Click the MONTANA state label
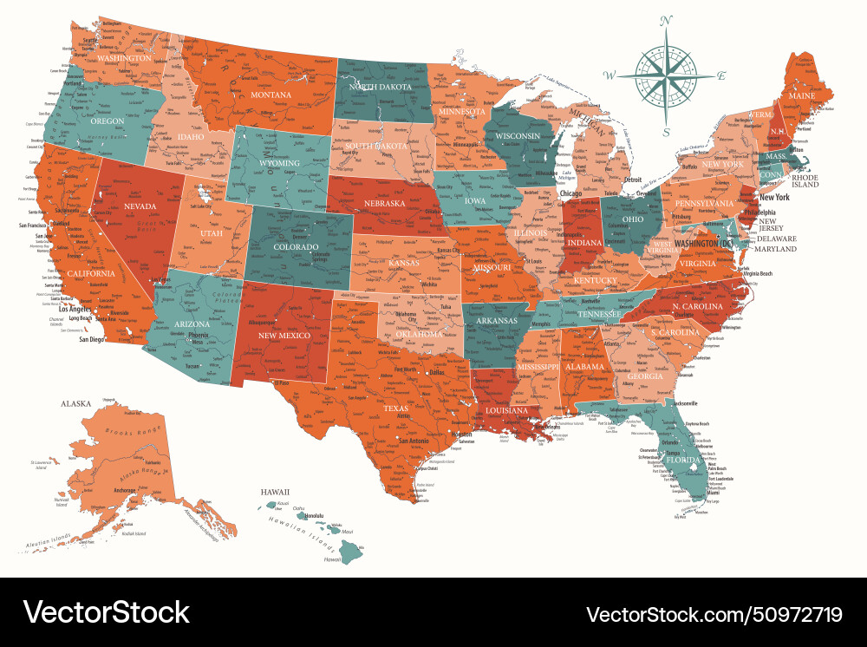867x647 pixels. tap(271, 95)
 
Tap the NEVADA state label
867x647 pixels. tap(140, 206)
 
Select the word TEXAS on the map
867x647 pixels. tap(395, 408)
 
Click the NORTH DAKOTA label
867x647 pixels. tap(380, 87)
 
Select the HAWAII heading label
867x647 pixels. tap(275, 492)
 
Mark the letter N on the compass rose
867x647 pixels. tap(667, 21)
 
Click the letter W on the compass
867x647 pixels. tap(610, 76)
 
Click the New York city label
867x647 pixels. tap(775, 197)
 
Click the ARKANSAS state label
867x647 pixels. tap(494, 320)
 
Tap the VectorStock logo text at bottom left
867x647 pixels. tap(107, 612)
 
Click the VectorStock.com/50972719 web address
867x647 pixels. tap(714, 614)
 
